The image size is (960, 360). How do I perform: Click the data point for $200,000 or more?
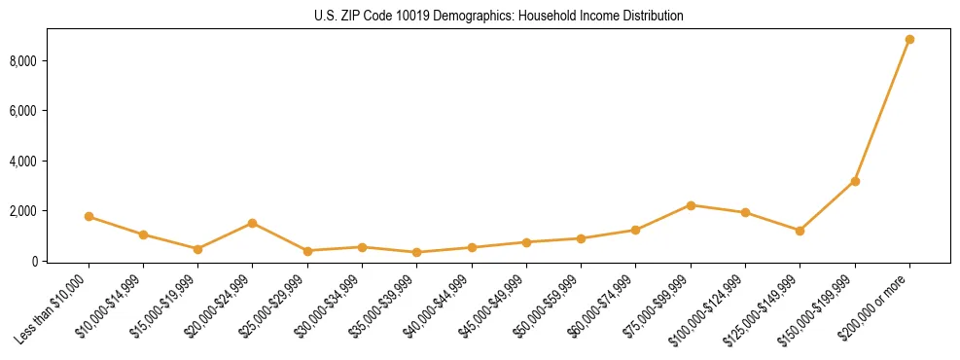909,40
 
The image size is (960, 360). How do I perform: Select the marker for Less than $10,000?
89,216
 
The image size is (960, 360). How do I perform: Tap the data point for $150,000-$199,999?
855,181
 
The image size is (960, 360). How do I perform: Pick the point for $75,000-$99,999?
691,205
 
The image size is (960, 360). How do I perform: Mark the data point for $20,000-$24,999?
253,223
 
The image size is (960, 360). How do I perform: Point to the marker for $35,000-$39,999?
417,252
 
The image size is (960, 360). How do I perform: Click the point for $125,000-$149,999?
800,231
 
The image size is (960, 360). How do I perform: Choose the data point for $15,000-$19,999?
197,249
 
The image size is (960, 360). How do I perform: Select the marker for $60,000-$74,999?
636,230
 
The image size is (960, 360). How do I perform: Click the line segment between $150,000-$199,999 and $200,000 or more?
882,110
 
